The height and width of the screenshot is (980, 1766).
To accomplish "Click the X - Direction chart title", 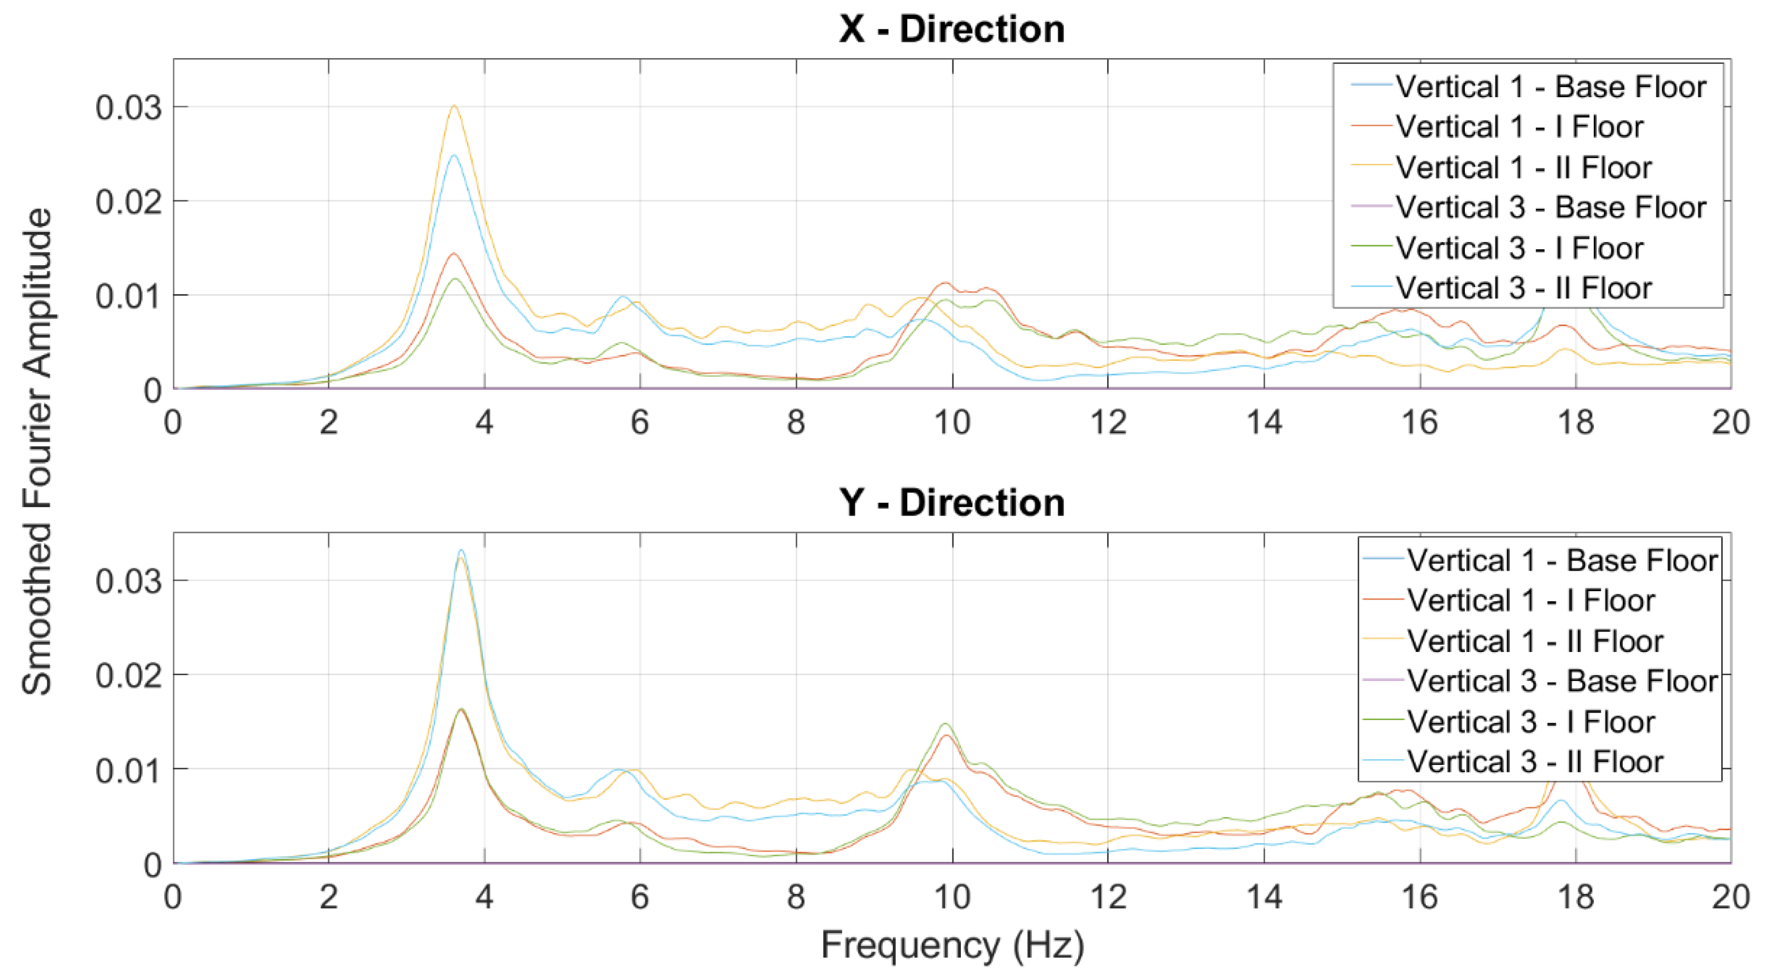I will (x=951, y=30).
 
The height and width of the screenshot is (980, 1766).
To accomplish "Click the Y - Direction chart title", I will (x=951, y=503).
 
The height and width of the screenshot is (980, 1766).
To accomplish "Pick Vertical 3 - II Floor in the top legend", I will (x=1524, y=288).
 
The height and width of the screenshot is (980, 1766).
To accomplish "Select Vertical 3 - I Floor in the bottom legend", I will (x=1531, y=722).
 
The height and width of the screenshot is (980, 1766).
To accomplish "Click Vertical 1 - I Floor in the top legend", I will (x=1519, y=127).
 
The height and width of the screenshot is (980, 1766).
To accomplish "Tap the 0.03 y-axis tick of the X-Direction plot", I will (x=128, y=108).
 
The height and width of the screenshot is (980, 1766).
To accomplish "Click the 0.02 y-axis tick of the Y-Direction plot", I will (x=128, y=676).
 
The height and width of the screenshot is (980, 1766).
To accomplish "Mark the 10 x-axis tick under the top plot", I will (x=952, y=422).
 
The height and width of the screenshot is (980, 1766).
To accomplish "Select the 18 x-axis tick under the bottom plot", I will (x=1575, y=897).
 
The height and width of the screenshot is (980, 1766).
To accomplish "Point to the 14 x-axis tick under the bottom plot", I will (x=1264, y=897).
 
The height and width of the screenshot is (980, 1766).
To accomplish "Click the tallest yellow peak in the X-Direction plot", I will (x=454, y=106).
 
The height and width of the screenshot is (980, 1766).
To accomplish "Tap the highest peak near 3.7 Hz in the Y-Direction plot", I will (x=461, y=550).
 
